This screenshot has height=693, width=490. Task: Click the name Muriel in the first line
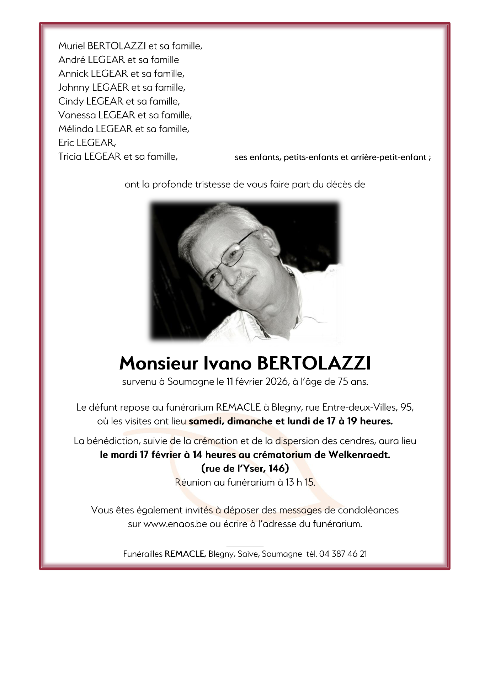[71, 46]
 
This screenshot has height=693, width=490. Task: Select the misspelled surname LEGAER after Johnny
[110, 87]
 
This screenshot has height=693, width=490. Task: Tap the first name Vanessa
[77, 115]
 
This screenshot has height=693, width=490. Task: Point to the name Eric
[66, 143]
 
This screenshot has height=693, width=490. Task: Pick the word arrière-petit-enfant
[388, 158]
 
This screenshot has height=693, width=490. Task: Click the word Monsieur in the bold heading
[159, 363]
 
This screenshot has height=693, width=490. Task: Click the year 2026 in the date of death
[276, 382]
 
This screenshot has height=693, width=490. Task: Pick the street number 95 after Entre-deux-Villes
[406, 407]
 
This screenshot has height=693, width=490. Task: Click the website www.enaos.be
[175, 524]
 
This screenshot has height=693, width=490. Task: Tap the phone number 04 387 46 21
[343, 554]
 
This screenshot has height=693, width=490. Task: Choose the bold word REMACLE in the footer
[184, 554]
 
